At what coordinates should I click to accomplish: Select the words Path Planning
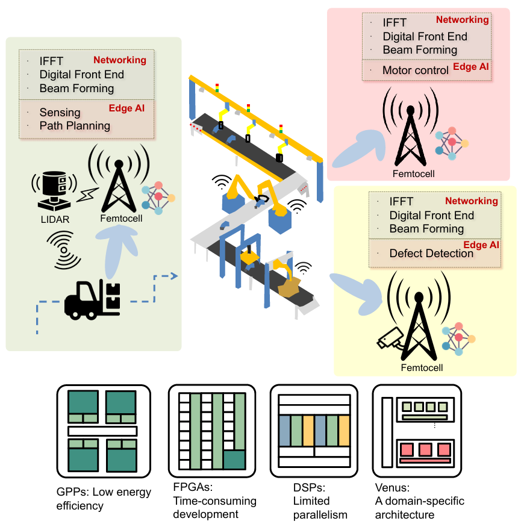click(75, 126)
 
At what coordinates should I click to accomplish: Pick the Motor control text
click(416, 70)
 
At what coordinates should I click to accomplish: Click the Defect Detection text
click(431, 254)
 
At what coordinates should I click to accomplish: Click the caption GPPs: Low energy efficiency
click(103, 499)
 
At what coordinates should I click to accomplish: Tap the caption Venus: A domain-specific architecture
click(419, 508)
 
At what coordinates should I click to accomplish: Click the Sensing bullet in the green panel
click(60, 113)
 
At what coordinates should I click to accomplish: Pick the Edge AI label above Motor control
click(471, 67)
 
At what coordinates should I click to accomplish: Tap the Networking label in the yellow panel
click(472, 201)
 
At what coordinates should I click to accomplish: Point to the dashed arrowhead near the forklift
click(174, 276)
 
